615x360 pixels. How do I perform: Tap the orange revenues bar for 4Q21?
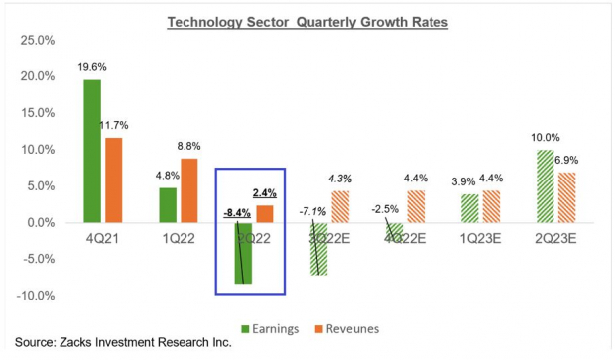tap(115, 180)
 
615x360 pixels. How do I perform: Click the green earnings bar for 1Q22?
tap(167, 205)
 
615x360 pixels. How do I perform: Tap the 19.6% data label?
tap(91, 68)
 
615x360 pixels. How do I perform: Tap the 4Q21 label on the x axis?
tap(103, 239)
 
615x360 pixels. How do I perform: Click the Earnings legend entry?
tap(288, 328)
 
